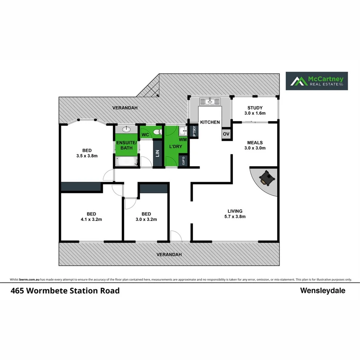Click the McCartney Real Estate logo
316,81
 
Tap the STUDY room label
253,110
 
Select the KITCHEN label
210,122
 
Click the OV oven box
226,134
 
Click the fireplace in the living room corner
266,178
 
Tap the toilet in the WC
157,132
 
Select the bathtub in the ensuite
126,161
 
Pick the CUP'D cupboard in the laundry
184,160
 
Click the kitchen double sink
210,102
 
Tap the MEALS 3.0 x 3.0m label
255,145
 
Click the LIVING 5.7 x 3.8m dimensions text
235,217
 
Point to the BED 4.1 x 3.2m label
92,216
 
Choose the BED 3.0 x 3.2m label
146,216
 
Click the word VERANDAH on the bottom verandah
169,255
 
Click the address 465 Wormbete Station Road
65,290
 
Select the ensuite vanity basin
127,130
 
